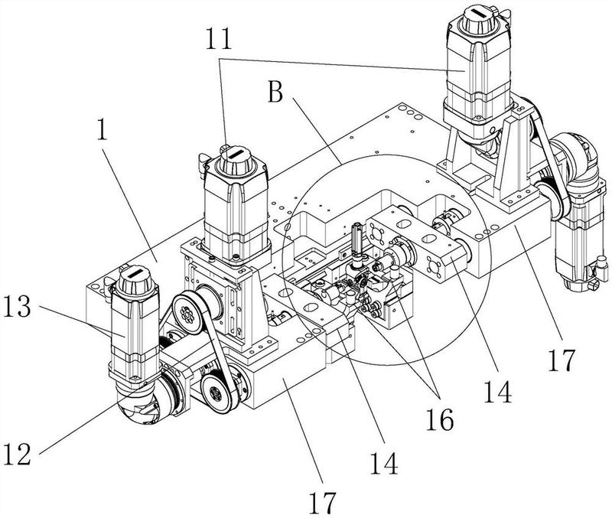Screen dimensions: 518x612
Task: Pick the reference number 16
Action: click(x=439, y=418)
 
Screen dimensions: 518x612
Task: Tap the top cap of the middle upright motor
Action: click(x=236, y=159)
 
